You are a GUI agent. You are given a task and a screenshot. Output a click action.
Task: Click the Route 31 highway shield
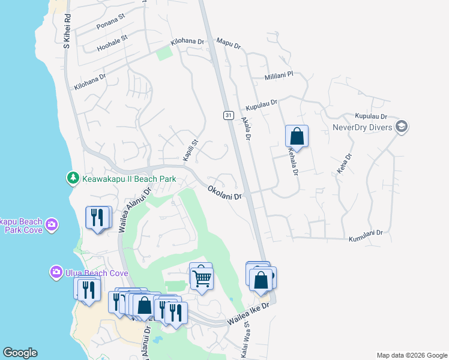(x=229, y=115)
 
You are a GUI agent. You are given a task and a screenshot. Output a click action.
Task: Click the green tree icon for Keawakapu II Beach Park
(x=73, y=178)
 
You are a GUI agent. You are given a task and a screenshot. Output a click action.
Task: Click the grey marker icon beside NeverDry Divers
(x=402, y=127)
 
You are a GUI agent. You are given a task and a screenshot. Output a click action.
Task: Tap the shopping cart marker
(x=201, y=277)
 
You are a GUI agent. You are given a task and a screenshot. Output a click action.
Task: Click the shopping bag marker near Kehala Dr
(x=297, y=136)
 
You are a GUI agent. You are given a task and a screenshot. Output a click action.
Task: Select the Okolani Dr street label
(x=224, y=193)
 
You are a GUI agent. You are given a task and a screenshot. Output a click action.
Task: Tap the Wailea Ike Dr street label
(x=249, y=316)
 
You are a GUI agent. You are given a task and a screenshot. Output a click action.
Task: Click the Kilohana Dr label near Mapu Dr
(x=187, y=42)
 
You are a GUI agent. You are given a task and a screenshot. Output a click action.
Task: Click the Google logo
(x=20, y=353)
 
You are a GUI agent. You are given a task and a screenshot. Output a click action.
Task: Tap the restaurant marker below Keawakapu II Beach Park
(x=98, y=218)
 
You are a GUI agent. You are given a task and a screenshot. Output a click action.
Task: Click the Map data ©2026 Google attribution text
(x=411, y=355)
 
